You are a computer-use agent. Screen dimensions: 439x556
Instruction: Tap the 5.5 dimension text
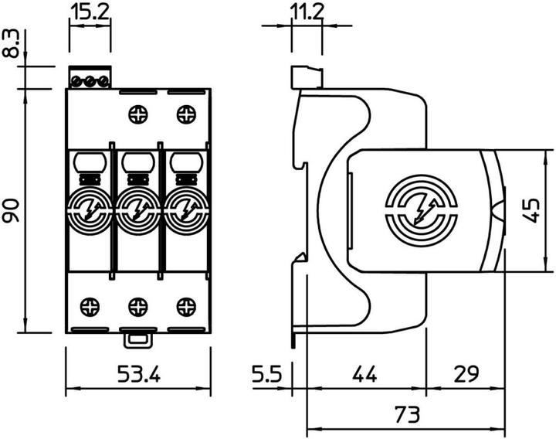point(267,376)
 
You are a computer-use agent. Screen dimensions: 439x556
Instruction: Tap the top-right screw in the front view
point(185,115)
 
